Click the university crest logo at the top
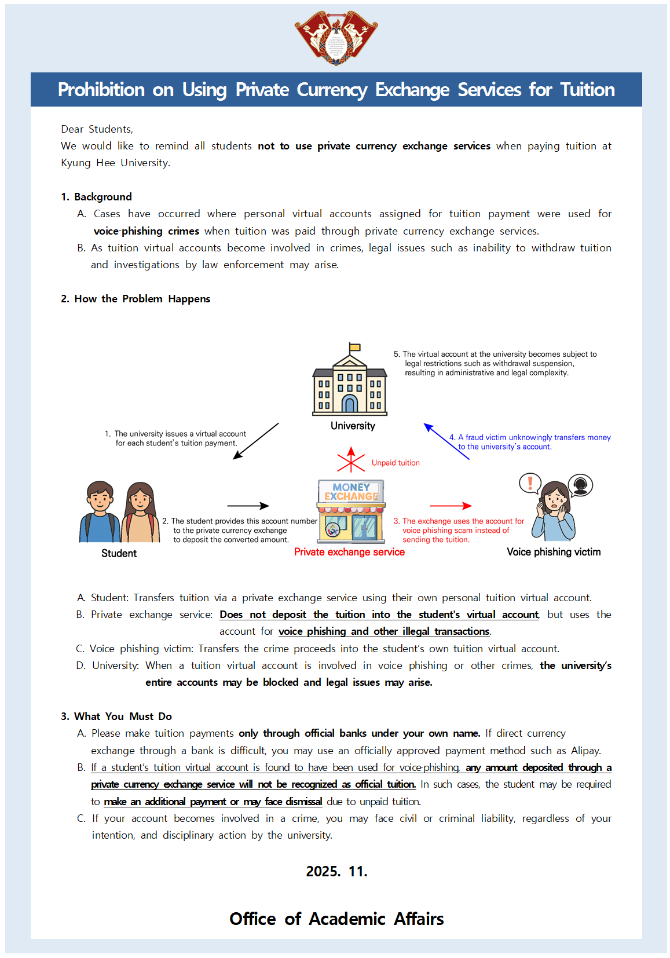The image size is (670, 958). point(336,38)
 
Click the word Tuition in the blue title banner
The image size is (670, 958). point(587,90)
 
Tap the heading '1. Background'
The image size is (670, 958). point(96,197)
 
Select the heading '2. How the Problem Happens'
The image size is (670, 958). point(136,299)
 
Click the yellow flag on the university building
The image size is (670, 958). point(355,348)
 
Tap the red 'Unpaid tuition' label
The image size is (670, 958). point(396,463)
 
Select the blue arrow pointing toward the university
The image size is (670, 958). point(446,441)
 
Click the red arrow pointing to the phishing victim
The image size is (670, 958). point(451,506)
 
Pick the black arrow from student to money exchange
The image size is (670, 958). point(248,506)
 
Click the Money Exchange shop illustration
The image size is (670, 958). point(351,511)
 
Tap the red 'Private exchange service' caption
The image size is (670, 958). point(349,552)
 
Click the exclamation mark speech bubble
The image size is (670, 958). point(530,483)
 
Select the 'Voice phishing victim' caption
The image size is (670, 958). point(554,552)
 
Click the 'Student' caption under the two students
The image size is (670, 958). point(119,553)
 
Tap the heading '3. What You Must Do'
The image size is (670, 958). point(116,716)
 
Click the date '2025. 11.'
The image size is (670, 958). point(336,872)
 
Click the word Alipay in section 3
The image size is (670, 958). point(585,751)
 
